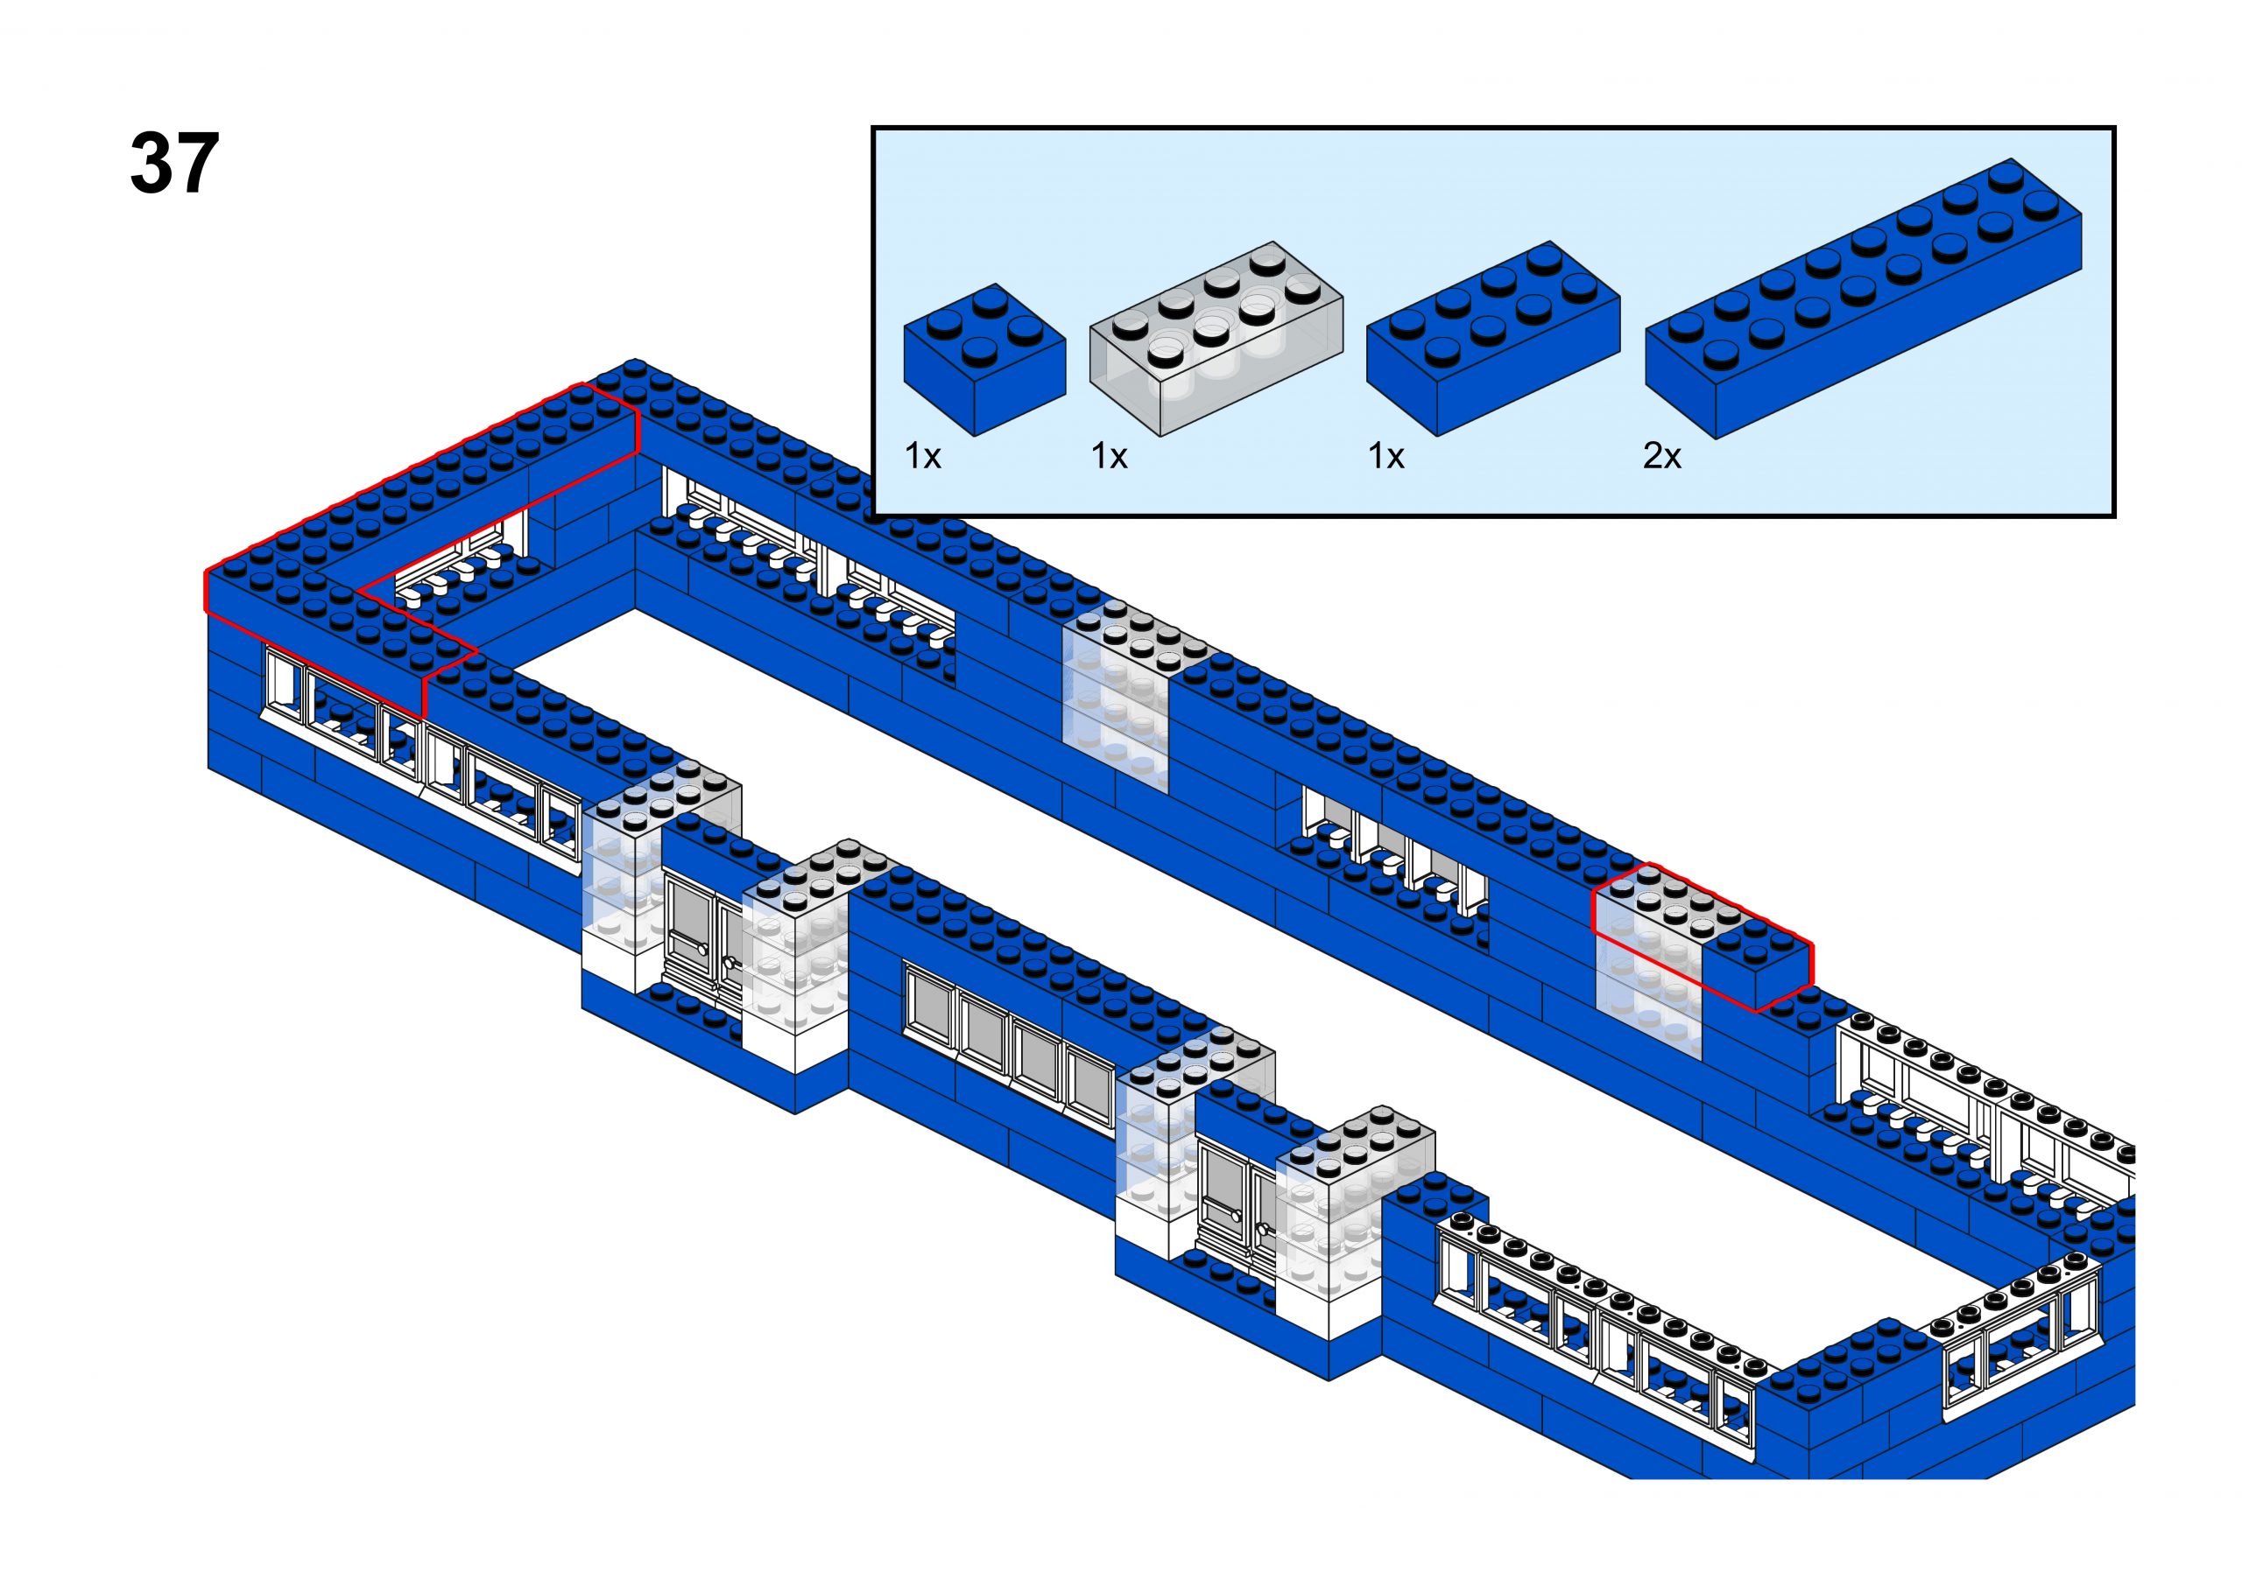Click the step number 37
(174, 164)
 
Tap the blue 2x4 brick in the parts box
(1491, 337)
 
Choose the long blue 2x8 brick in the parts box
(1861, 298)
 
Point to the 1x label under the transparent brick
(1109, 455)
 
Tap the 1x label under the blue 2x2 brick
(922, 455)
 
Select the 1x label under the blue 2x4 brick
(1385, 455)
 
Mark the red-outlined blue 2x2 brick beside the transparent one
(1759, 962)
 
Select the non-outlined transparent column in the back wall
(1117, 703)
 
